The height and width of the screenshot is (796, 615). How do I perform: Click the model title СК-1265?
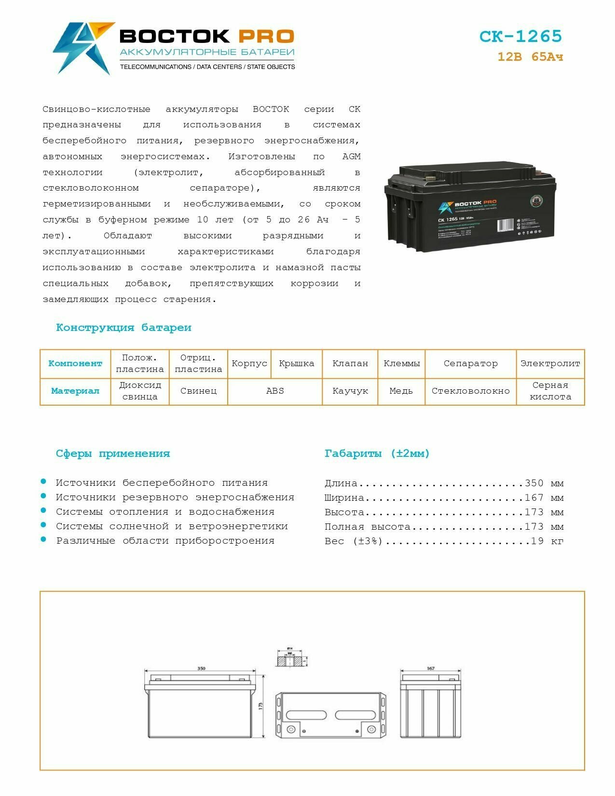(x=520, y=37)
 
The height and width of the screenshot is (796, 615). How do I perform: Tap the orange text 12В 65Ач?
(x=530, y=57)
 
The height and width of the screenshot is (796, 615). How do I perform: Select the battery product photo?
(x=470, y=207)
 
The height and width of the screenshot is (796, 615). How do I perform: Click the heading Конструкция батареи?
(x=123, y=328)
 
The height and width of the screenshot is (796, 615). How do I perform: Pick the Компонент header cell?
(x=75, y=363)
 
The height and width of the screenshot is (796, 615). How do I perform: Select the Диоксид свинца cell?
(x=140, y=391)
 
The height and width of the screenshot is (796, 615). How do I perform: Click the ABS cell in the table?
(x=275, y=391)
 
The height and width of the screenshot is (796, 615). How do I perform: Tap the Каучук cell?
(x=350, y=391)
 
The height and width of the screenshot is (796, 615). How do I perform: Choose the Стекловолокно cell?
(x=470, y=391)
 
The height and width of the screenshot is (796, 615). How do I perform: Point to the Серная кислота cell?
(x=550, y=391)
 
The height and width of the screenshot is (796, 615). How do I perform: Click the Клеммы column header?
(x=401, y=363)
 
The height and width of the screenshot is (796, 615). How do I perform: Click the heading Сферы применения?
(x=113, y=453)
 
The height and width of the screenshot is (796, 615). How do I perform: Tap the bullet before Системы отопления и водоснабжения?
(x=43, y=510)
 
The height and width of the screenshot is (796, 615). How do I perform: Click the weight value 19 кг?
(x=547, y=541)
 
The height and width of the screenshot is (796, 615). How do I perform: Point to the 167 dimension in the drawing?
(x=430, y=668)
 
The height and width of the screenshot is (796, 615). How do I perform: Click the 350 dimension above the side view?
(x=201, y=668)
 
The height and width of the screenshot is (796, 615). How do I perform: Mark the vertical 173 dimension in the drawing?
(x=260, y=705)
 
